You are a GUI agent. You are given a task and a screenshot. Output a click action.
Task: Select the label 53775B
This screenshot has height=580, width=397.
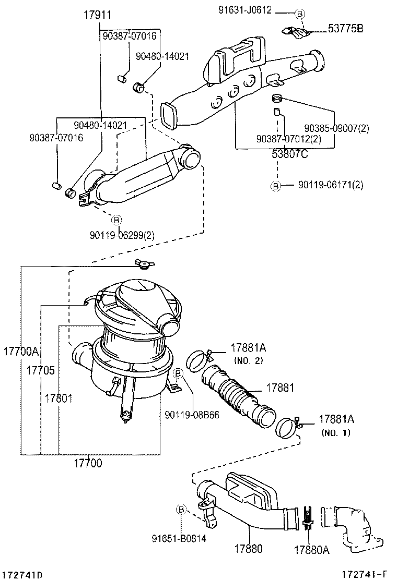tap(345, 29)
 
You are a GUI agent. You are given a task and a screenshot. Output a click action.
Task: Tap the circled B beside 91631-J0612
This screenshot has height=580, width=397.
tap(300, 13)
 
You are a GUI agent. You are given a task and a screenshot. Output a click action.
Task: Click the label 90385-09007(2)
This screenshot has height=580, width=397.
tap(336, 128)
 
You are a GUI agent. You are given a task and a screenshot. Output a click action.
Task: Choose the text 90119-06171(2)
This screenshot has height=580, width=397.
tap(331, 185)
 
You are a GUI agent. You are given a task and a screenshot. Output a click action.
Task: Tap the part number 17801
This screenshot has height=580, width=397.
tap(58, 398)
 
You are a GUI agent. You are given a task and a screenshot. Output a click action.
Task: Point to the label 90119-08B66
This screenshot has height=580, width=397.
tap(191, 415)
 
